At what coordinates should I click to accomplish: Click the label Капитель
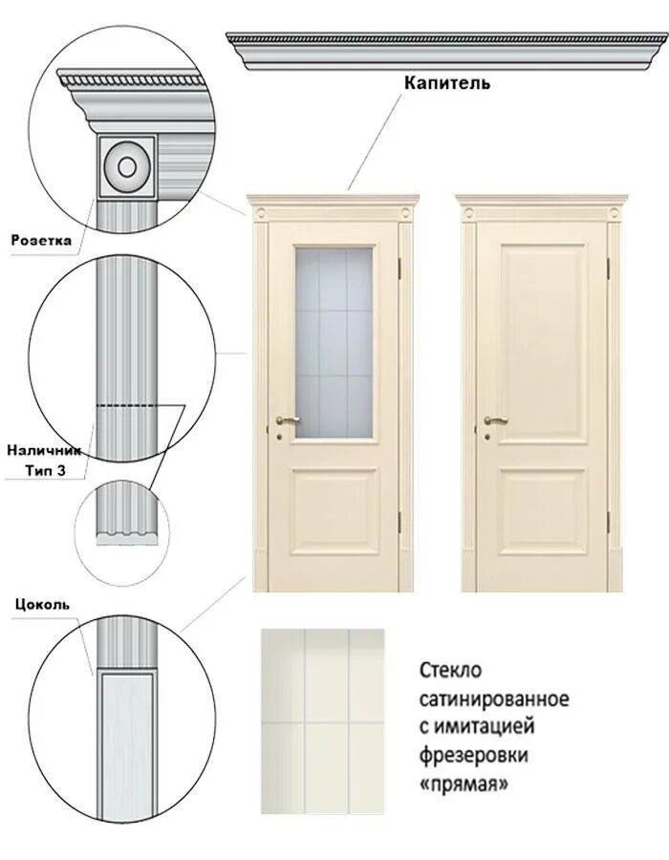click(447, 83)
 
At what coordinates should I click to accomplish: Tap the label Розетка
click(41, 241)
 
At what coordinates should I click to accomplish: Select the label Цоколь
click(41, 604)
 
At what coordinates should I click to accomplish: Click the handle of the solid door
click(495, 419)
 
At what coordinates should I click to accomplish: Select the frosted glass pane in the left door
click(333, 341)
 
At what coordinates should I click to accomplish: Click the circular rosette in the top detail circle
click(126, 167)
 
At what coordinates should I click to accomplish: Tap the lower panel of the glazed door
click(333, 511)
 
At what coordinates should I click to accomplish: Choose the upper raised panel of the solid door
click(542, 341)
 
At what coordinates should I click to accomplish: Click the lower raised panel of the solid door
click(542, 511)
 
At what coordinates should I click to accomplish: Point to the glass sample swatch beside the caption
click(323, 721)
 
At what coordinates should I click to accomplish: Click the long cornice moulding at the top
click(447, 51)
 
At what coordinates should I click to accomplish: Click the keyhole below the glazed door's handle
click(279, 436)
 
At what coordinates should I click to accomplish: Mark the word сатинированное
click(494, 698)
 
